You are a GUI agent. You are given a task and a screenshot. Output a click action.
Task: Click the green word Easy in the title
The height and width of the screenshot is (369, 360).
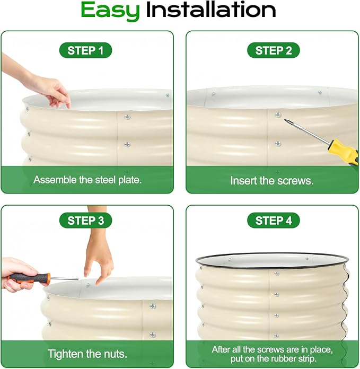pyautogui.click(x=110, y=11)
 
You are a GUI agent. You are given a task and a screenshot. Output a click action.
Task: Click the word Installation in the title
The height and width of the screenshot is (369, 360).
pyautogui.click(x=211, y=10)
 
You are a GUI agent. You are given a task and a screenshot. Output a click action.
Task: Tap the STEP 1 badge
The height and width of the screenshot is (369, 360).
pyautogui.click(x=85, y=50)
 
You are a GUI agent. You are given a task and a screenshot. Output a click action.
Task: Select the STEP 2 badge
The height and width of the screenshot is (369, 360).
pyautogui.click(x=274, y=50)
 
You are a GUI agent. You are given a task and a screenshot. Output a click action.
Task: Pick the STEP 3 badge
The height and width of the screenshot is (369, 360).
pyautogui.click(x=85, y=221)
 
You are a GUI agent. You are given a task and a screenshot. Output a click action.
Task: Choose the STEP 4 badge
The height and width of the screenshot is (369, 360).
pyautogui.click(x=274, y=221)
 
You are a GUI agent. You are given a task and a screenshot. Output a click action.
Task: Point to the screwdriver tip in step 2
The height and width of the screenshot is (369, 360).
pyautogui.click(x=285, y=120)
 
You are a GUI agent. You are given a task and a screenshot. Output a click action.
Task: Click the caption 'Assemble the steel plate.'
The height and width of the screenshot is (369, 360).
pyautogui.click(x=87, y=180)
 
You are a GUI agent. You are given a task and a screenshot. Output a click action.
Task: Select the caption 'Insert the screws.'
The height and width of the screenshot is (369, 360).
pyautogui.click(x=272, y=181)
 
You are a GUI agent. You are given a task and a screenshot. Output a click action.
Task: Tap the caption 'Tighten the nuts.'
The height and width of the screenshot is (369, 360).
pyautogui.click(x=87, y=354)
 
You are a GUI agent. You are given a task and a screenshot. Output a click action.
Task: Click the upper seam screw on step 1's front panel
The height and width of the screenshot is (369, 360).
pyautogui.click(x=127, y=117)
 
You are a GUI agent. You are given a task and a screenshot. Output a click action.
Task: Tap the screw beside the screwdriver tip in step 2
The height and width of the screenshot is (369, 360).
pyautogui.click(x=278, y=115)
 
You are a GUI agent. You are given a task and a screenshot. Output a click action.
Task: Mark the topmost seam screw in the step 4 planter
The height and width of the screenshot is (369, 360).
pyautogui.click(x=277, y=274)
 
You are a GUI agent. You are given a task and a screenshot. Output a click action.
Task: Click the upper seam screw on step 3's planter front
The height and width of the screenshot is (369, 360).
pyautogui.click(x=153, y=306)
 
